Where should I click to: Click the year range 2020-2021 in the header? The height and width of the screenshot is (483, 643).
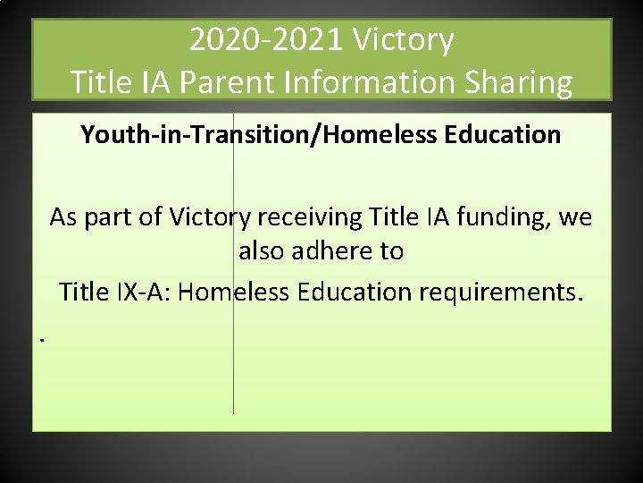(x=265, y=40)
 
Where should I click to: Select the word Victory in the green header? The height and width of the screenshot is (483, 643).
(x=403, y=40)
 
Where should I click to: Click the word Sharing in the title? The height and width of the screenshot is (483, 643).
(x=527, y=82)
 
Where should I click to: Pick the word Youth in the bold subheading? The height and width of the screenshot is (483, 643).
(x=108, y=135)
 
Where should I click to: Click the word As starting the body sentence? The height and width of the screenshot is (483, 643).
(x=63, y=217)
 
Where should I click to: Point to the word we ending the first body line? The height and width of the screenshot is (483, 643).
(x=575, y=217)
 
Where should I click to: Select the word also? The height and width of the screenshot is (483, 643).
(x=262, y=251)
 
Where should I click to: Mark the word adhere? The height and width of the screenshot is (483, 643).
(x=332, y=251)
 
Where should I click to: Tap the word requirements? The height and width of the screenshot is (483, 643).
(x=503, y=292)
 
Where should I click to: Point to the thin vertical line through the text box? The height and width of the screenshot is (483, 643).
(x=234, y=376)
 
